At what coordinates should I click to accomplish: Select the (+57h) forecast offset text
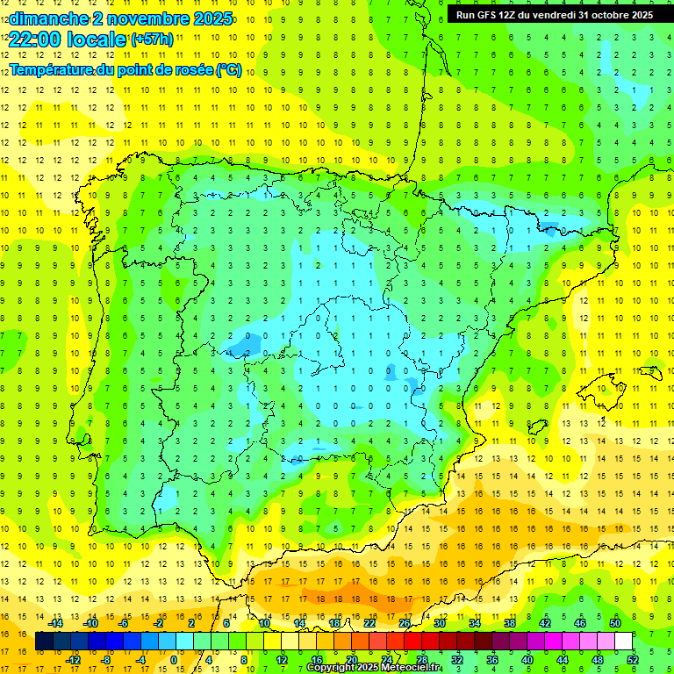pyautogui.click(x=152, y=39)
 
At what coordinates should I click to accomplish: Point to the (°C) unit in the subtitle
pyautogui.click(x=228, y=70)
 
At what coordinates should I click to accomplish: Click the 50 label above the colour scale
pyautogui.click(x=615, y=623)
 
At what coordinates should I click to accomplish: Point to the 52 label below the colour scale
pyautogui.click(x=633, y=660)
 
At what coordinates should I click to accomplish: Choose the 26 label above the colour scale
pyautogui.click(x=405, y=623)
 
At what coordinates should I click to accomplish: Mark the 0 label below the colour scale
pyautogui.click(x=175, y=660)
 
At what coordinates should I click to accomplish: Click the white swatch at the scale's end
pyautogui.click(x=624, y=642)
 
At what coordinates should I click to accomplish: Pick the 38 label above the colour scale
pyautogui.click(x=510, y=623)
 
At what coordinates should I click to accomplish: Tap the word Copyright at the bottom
pyautogui.click(x=332, y=668)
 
